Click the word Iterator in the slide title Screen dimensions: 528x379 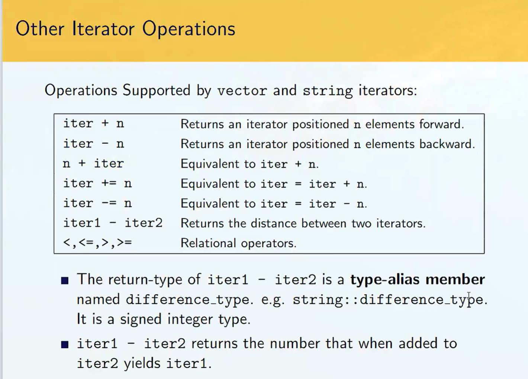pos(103,29)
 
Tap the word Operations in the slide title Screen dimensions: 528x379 pos(189,29)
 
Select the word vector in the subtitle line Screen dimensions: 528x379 pos(242,90)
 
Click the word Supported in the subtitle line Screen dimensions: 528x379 pos(156,90)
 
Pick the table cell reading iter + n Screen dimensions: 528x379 pos(94,123)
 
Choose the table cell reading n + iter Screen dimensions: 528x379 pos(93,163)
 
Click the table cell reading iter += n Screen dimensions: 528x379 pos(97,183)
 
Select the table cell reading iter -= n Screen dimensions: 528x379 pos(97,203)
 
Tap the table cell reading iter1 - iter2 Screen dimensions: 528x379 pos(113,223)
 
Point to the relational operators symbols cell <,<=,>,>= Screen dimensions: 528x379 pos(97,243)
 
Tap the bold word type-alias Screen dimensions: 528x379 pos(385,280)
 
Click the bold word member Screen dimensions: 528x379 pos(455,279)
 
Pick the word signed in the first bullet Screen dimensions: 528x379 pos(141,320)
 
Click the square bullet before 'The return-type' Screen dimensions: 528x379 pos(65,281)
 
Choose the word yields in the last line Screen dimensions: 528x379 pos(142,363)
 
